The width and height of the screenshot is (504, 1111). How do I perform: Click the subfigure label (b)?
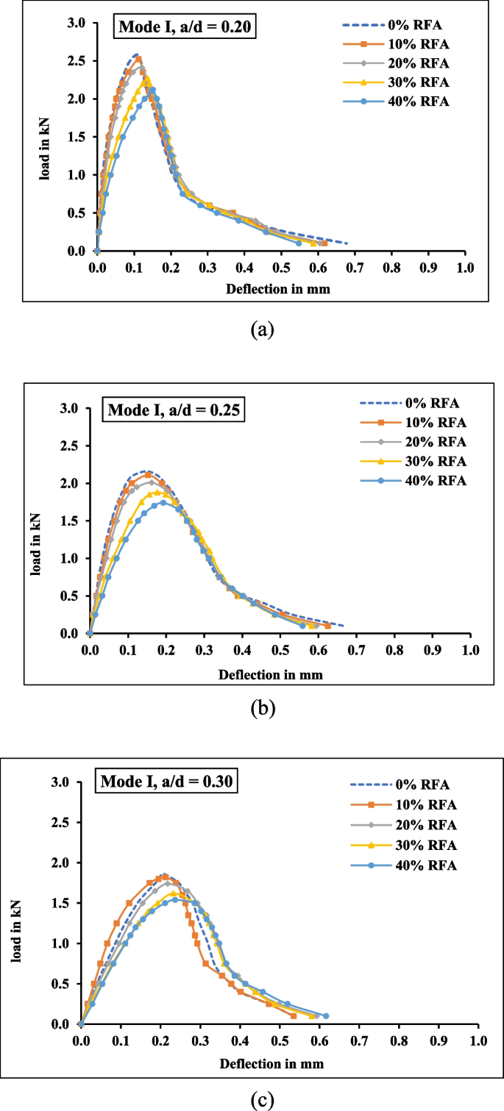click(x=263, y=708)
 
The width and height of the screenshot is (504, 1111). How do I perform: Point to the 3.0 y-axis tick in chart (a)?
click(x=76, y=24)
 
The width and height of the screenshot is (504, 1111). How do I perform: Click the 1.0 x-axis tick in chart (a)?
click(x=464, y=268)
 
